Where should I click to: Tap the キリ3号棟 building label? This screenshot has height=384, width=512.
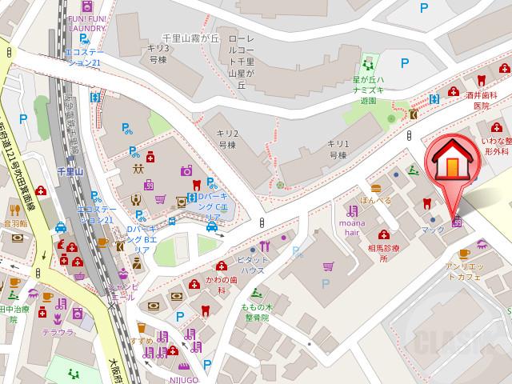(157, 53)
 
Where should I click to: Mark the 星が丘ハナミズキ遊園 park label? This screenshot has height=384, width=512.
(370, 90)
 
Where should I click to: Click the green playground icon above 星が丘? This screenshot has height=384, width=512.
(369, 62)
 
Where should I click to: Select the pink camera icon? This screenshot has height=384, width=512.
(186, 170)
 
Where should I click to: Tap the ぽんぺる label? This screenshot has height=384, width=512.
(375, 200)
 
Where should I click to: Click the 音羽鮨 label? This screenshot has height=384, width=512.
(14, 225)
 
